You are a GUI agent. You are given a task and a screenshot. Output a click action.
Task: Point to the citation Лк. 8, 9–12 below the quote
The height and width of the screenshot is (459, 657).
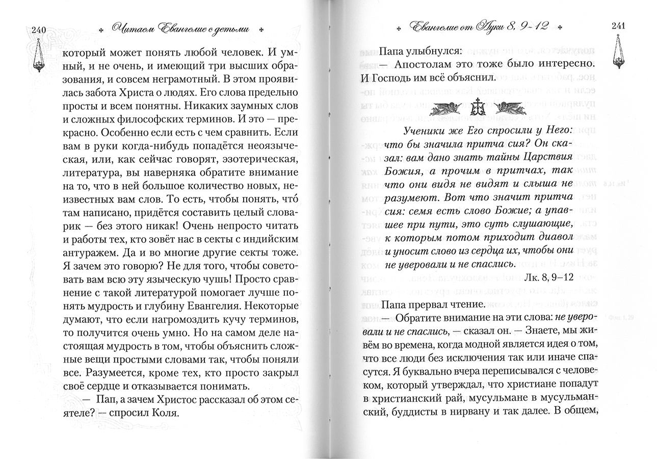click(547, 276)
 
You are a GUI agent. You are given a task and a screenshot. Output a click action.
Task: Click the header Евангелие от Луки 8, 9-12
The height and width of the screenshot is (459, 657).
click(479, 27)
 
